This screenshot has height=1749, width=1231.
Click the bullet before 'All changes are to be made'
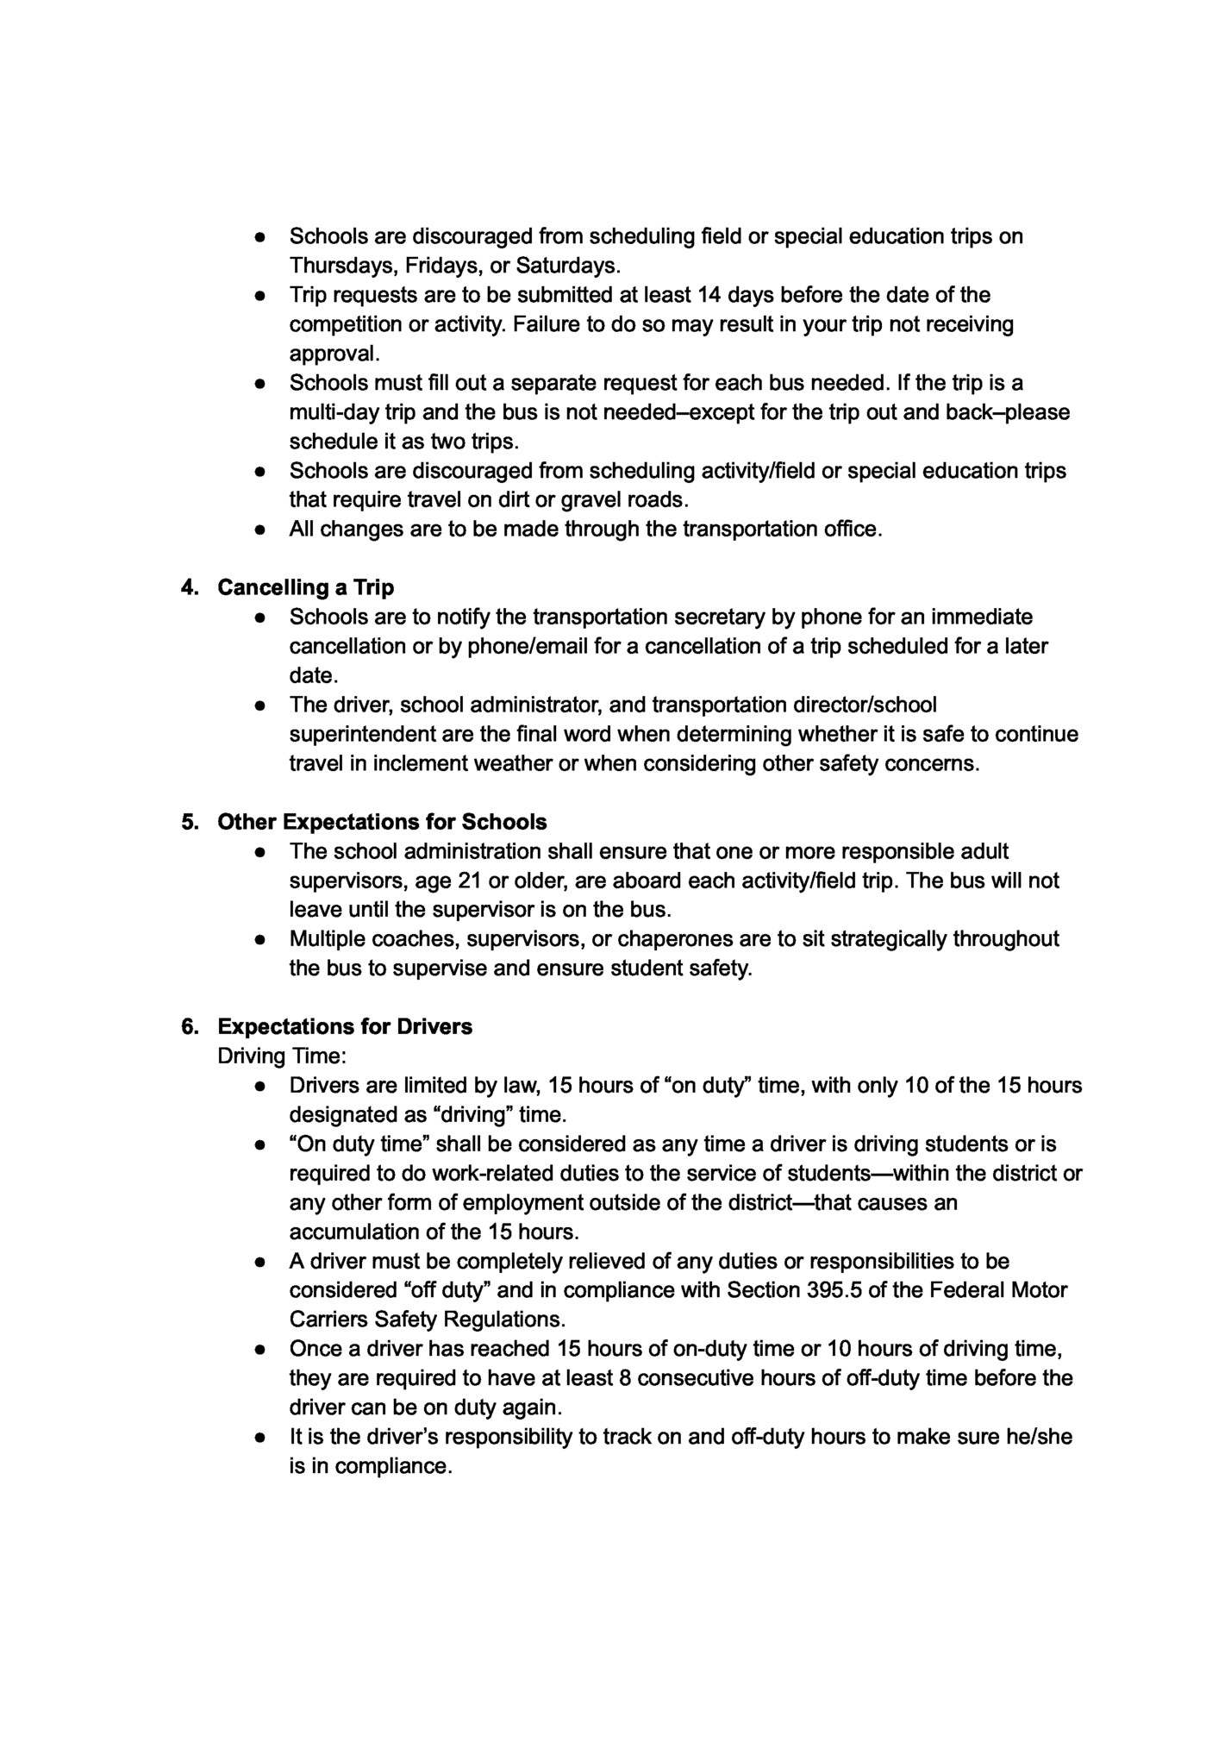(259, 530)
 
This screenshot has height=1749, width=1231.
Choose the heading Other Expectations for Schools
(382, 822)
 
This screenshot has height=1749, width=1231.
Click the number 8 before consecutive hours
(624, 1379)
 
